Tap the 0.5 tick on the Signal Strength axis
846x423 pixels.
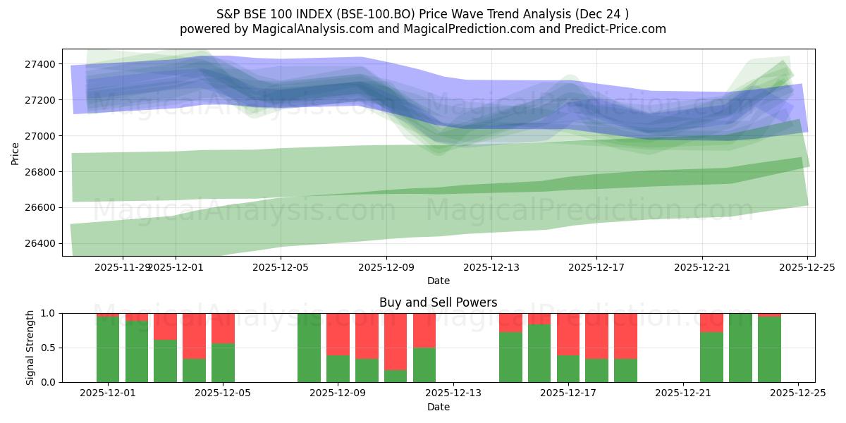click(49, 348)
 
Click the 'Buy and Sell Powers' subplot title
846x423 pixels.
click(438, 302)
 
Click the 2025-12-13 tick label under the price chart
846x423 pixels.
click(491, 267)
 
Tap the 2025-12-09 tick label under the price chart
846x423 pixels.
click(386, 267)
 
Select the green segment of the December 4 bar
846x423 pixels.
click(194, 370)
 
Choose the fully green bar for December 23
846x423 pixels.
click(740, 348)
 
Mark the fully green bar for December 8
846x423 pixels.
click(309, 348)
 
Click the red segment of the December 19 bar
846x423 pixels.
click(625, 336)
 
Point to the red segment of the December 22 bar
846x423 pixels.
click(711, 322)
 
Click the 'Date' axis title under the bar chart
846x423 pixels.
click(438, 407)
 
